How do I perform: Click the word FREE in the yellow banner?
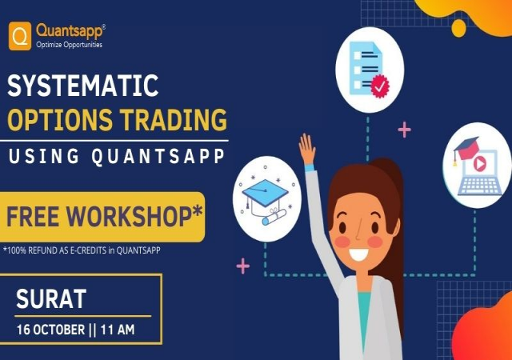[x=38, y=216]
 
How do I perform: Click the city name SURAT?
[x=51, y=300]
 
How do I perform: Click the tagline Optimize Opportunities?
[x=69, y=44]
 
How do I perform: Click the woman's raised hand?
[x=306, y=150]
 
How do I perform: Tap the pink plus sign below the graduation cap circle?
[x=243, y=266]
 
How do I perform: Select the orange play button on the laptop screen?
[x=481, y=162]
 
